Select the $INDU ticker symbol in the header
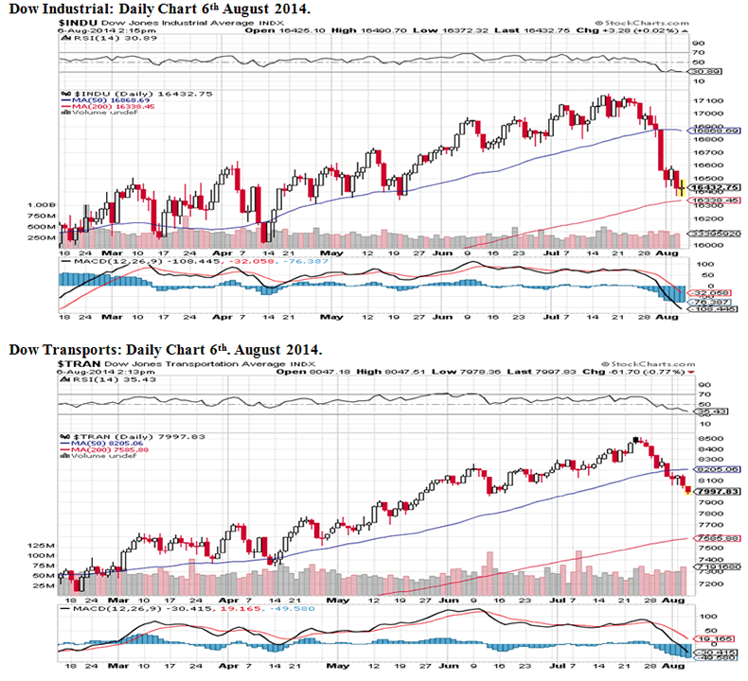point(76,20)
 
